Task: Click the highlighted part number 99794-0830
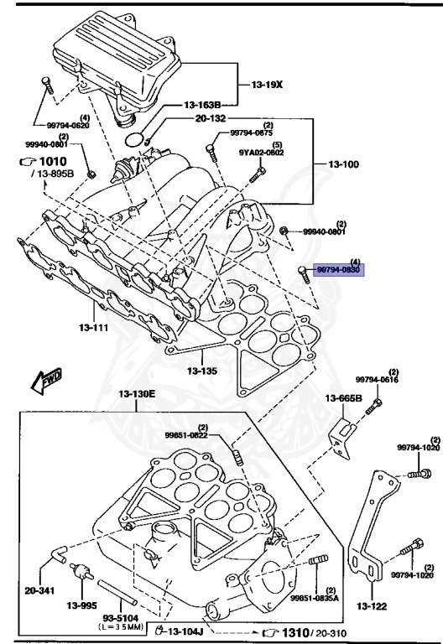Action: coord(337,270)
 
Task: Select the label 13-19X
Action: coord(268,86)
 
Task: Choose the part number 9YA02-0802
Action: coord(261,153)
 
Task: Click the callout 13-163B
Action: coord(203,105)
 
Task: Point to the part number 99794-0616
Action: coord(376,380)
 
